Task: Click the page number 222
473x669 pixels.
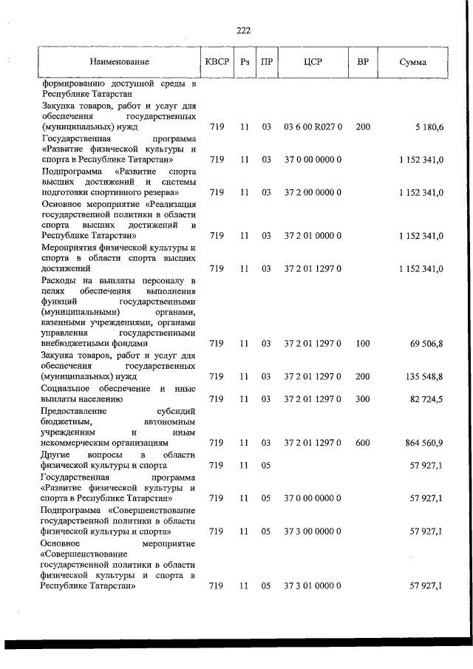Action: click(243, 30)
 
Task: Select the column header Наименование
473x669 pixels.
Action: click(120, 62)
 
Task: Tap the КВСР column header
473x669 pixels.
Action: click(217, 62)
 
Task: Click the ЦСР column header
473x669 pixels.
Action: click(313, 62)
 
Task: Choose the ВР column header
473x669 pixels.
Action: click(363, 62)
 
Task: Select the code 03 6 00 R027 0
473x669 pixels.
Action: click(313, 127)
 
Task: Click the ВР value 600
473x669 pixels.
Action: click(363, 442)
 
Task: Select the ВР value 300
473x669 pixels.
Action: click(363, 399)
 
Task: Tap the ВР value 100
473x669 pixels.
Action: click(363, 343)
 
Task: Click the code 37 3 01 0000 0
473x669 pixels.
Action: click(313, 585)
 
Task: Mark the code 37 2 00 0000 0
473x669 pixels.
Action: click(313, 192)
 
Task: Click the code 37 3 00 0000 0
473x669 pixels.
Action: click(313, 531)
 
